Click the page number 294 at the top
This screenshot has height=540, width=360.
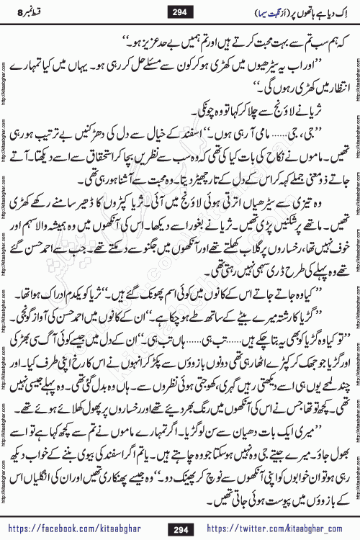[x=180, y=13]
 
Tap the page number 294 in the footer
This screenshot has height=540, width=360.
[x=181, y=528]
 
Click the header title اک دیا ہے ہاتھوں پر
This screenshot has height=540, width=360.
[x=302, y=13]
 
